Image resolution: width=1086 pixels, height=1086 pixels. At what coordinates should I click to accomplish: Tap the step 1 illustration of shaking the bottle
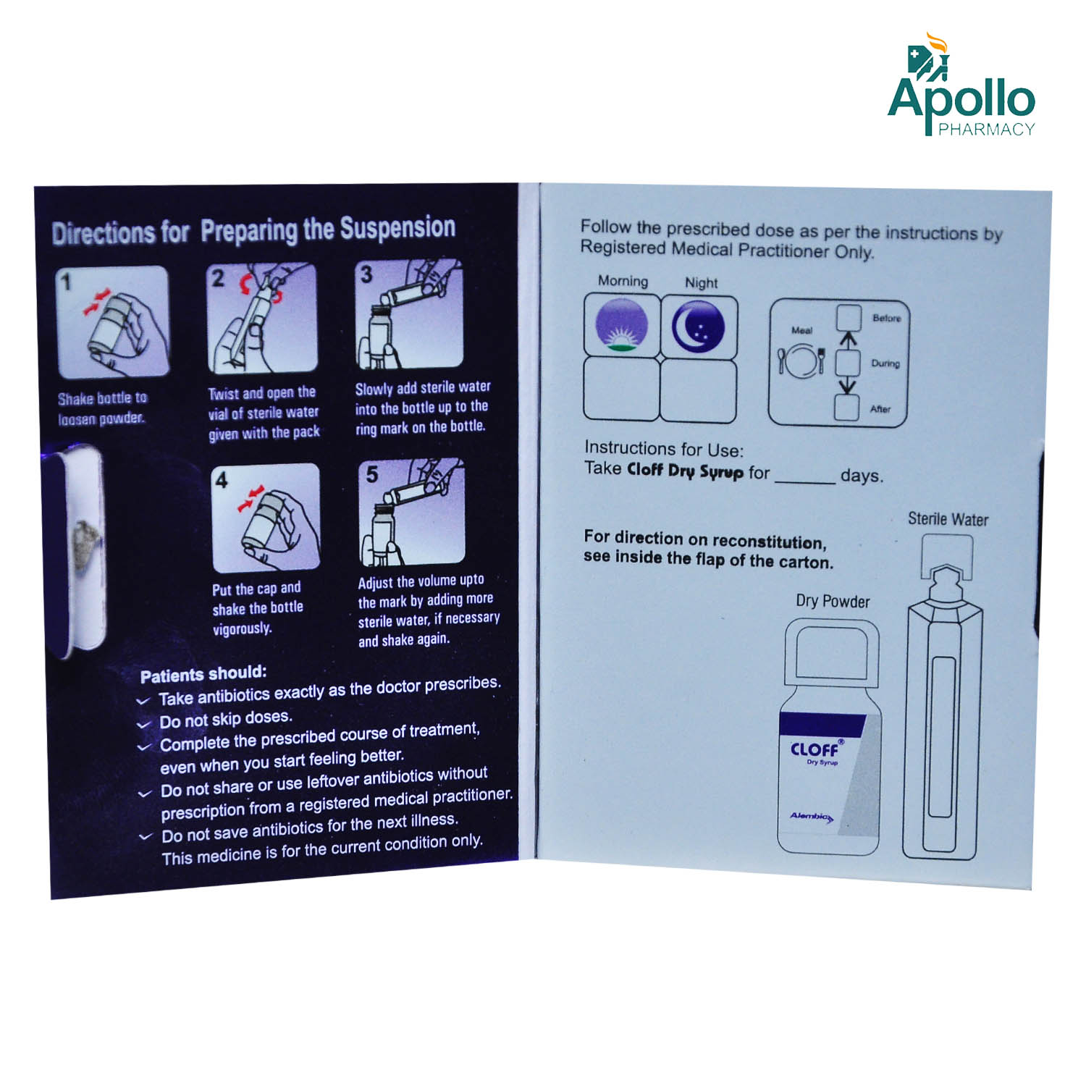tap(112, 321)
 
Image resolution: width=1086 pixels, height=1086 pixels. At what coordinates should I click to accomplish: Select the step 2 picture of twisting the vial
tap(261, 318)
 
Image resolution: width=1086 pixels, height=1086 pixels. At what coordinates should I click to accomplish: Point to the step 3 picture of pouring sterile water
tap(409, 313)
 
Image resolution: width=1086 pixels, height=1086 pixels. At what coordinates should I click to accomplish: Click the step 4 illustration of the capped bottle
tap(266, 518)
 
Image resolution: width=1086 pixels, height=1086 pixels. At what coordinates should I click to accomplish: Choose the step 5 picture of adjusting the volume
tap(412, 512)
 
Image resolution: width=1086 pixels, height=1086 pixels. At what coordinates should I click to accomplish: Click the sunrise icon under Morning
tap(621, 326)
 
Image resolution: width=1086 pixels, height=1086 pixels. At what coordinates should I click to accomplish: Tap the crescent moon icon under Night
tap(699, 325)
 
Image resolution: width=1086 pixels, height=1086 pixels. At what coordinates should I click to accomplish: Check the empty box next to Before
tap(849, 318)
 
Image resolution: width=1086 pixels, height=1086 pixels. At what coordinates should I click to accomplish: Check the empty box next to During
tap(849, 363)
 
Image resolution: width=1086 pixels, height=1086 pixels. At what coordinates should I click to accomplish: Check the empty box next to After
tap(847, 408)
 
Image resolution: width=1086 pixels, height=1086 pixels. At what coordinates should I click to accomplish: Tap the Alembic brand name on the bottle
tap(811, 817)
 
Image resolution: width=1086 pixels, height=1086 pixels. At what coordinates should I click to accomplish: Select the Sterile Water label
tap(948, 519)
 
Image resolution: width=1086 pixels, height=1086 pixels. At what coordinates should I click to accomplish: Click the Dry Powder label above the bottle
tap(833, 601)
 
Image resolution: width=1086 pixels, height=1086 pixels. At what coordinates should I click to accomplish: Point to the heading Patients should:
tap(203, 674)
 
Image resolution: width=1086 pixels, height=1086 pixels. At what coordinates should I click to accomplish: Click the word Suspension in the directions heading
tap(397, 228)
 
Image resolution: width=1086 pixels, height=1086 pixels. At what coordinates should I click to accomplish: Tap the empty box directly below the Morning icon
tap(623, 389)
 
